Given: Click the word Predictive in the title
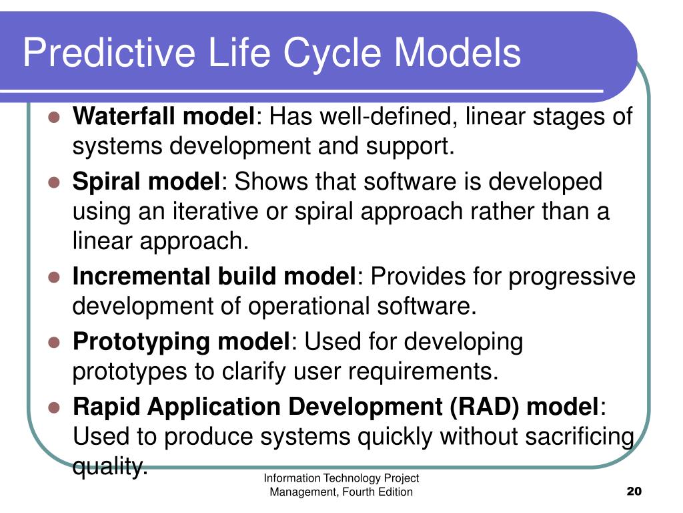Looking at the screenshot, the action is pyautogui.click(x=109, y=53).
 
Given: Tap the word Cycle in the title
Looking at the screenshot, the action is pyautogui.click(x=332, y=53).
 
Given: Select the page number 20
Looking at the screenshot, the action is pyautogui.click(x=634, y=491).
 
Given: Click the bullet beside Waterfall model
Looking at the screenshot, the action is pyautogui.click(x=54, y=117).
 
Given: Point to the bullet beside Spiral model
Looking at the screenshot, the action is pyautogui.click(x=54, y=182).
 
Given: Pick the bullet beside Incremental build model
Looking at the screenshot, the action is pyautogui.click(x=54, y=277).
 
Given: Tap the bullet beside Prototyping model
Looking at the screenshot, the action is pyautogui.click(x=54, y=343).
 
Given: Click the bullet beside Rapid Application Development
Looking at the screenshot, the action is pyautogui.click(x=54, y=407).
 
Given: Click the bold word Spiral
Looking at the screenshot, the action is pyautogui.click(x=107, y=182).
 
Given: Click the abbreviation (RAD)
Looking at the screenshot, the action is pyautogui.click(x=484, y=407).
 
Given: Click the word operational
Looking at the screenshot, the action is pyautogui.click(x=309, y=306).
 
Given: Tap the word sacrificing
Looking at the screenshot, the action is pyautogui.click(x=580, y=437).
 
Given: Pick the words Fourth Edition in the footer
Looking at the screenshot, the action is pyautogui.click(x=378, y=492).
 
